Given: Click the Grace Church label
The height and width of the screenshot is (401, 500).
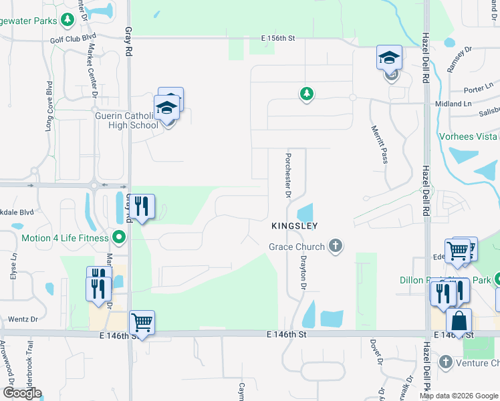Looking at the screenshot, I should click(x=297, y=247).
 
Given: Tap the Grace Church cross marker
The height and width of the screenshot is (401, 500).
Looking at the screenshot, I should click(x=336, y=247).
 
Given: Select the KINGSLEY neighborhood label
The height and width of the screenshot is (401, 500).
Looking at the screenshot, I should click(x=294, y=227).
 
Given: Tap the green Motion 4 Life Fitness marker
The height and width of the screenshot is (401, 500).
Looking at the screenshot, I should click(x=119, y=237).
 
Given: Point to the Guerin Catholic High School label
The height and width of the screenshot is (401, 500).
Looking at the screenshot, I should click(x=126, y=120).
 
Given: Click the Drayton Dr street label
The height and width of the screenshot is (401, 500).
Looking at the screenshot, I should click(x=303, y=274).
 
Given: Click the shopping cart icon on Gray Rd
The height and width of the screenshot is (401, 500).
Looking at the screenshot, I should click(x=142, y=323).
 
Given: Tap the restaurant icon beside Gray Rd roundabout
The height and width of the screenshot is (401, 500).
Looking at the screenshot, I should click(x=142, y=207).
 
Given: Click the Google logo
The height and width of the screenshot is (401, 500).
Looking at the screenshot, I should click(x=22, y=393).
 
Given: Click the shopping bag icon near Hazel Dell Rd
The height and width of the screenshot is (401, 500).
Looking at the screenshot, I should click(x=459, y=320).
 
